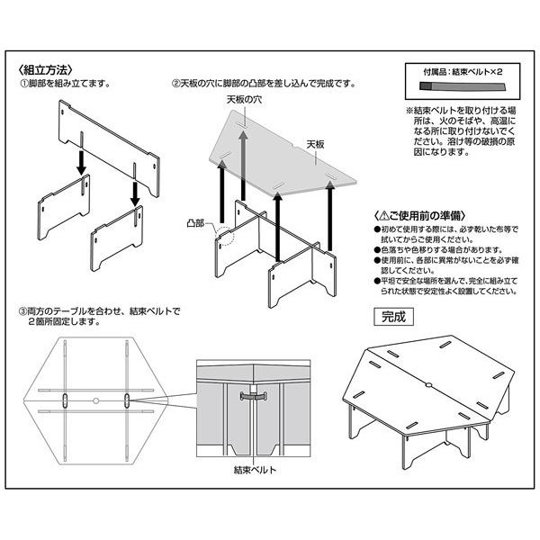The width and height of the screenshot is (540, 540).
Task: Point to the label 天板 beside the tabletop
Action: click(x=315, y=144)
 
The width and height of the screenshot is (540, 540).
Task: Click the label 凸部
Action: click(x=196, y=220)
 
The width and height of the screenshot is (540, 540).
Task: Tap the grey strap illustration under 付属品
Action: click(x=460, y=88)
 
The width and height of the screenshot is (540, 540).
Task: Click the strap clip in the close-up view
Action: click(x=255, y=394)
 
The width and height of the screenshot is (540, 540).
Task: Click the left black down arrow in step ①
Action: click(x=82, y=162)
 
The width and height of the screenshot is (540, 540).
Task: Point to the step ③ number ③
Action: click(x=23, y=311)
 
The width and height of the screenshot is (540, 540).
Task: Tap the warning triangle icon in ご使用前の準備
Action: click(x=384, y=216)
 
